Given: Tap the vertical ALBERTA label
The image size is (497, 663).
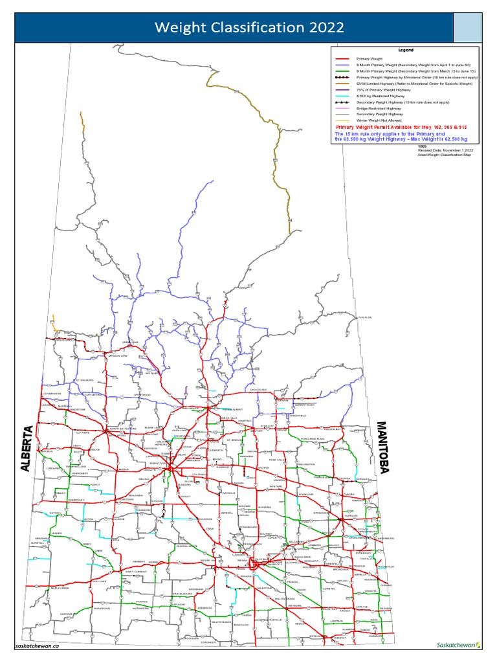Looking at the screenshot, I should point(27,449).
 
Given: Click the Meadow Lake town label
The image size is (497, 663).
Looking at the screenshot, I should point(118,355).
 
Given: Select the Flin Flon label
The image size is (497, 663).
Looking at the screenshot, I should point(366,318).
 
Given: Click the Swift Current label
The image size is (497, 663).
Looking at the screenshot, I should point(137,572).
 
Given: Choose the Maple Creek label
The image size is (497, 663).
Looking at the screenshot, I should point(60,588).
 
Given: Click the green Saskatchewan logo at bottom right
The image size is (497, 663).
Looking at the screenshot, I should point(459,645).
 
